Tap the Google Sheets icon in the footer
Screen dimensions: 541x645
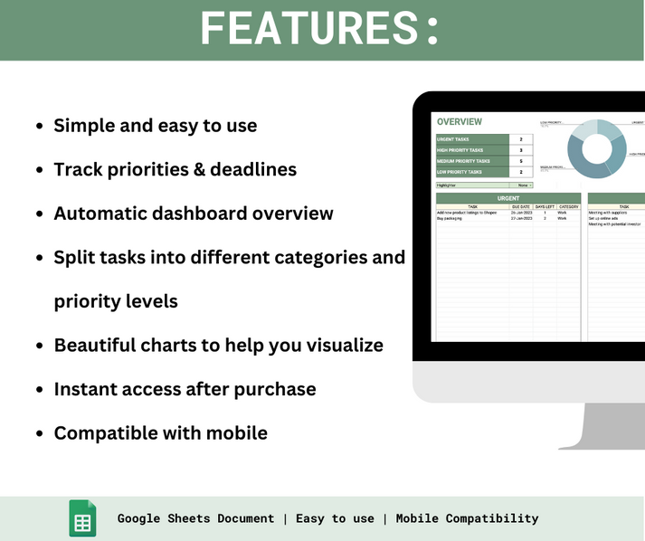pyautogui.click(x=82, y=518)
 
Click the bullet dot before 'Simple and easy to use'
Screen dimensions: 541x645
pyautogui.click(x=39, y=127)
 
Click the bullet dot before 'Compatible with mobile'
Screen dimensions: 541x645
pyautogui.click(x=39, y=433)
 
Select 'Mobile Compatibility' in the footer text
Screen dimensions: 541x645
pyautogui.click(x=467, y=518)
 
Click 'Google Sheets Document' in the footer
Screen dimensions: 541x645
pyautogui.click(x=195, y=518)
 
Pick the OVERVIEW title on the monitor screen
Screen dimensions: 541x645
pyautogui.click(x=459, y=122)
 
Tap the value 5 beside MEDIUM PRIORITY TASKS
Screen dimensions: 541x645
pyautogui.click(x=521, y=161)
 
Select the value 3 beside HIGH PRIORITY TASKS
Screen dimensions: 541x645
pyautogui.click(x=521, y=150)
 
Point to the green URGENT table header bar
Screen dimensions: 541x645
pyautogui.click(x=508, y=198)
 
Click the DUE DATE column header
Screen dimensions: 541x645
pyautogui.click(x=520, y=206)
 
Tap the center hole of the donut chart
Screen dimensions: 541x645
pyautogui.click(x=596, y=149)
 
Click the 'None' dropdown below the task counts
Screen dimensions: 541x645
pyautogui.click(x=523, y=185)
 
